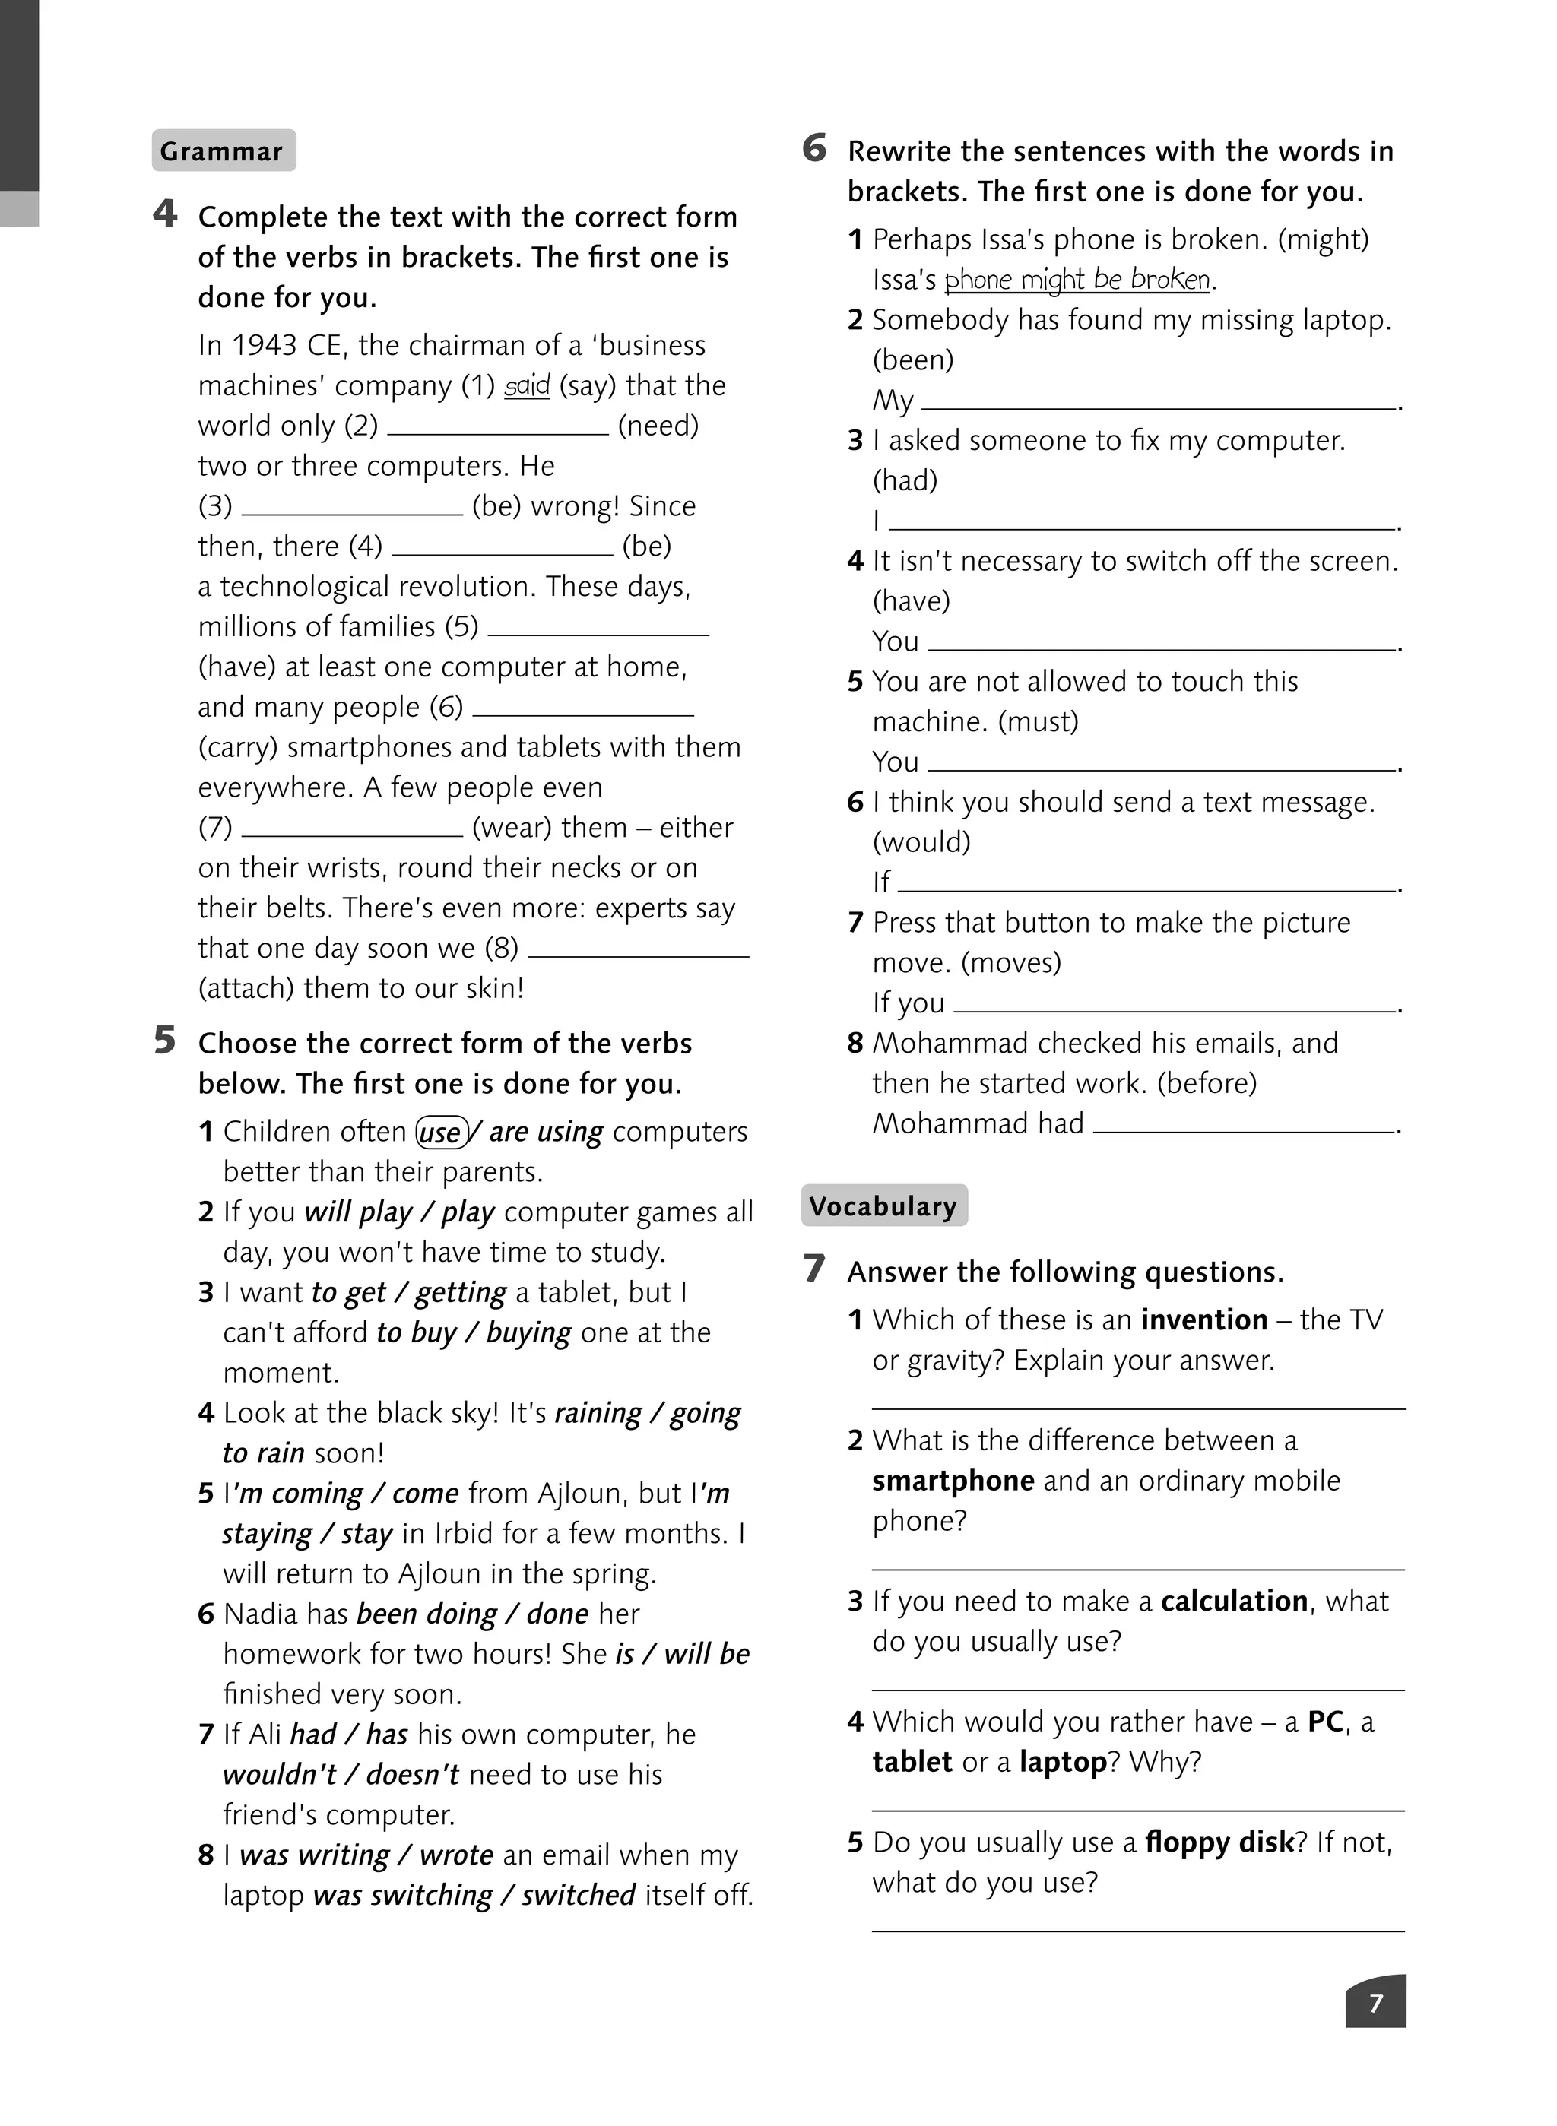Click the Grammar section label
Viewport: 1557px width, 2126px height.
point(224,150)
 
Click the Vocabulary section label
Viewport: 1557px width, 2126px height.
point(883,1206)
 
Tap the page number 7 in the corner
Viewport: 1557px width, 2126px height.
point(1375,2003)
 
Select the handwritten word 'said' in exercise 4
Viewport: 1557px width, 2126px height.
point(527,385)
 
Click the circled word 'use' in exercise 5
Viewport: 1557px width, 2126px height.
point(440,1132)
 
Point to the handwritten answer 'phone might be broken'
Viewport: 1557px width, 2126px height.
point(1077,280)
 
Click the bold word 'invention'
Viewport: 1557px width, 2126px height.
point(1203,1320)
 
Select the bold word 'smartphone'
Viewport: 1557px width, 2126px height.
point(953,1481)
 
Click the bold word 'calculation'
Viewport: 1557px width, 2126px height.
point(1235,1601)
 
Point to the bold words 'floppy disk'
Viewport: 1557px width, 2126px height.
point(1219,1842)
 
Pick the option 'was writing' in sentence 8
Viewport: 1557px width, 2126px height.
point(314,1855)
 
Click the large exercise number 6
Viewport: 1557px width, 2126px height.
point(814,149)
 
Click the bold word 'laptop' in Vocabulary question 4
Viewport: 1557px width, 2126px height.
point(1062,1762)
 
